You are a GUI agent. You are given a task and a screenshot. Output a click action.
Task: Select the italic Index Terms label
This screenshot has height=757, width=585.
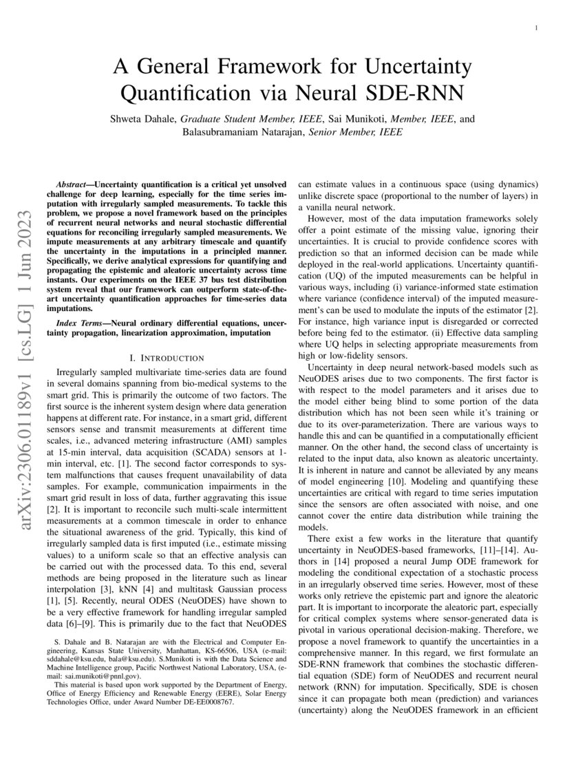pos(76,322)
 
